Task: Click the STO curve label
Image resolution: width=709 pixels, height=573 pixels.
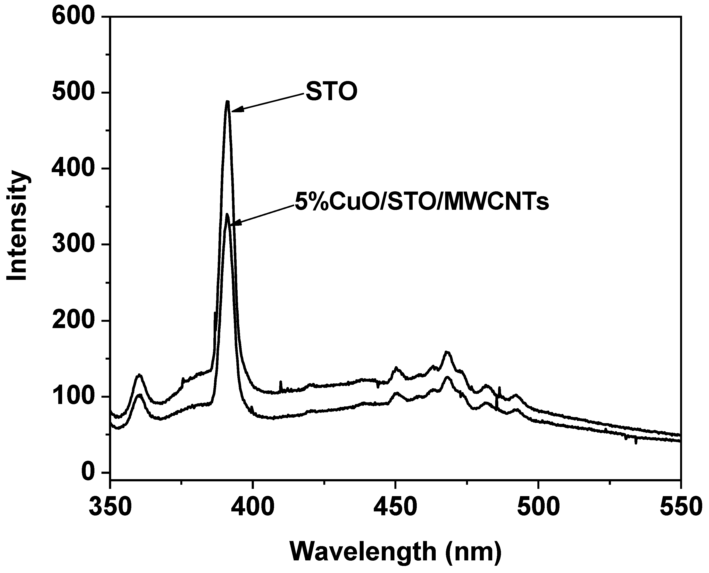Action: [331, 92]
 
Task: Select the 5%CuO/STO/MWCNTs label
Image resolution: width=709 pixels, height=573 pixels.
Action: [422, 203]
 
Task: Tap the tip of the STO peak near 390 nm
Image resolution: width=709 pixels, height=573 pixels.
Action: [227, 102]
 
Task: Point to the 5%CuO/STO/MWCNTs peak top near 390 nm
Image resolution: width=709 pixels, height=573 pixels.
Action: [227, 215]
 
